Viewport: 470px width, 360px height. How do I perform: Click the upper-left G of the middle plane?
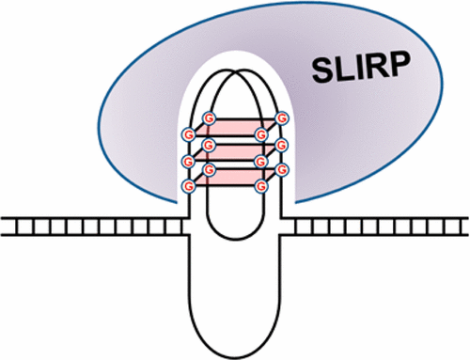tap(209, 145)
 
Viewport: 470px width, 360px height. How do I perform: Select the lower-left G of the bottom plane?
tap(188, 185)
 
